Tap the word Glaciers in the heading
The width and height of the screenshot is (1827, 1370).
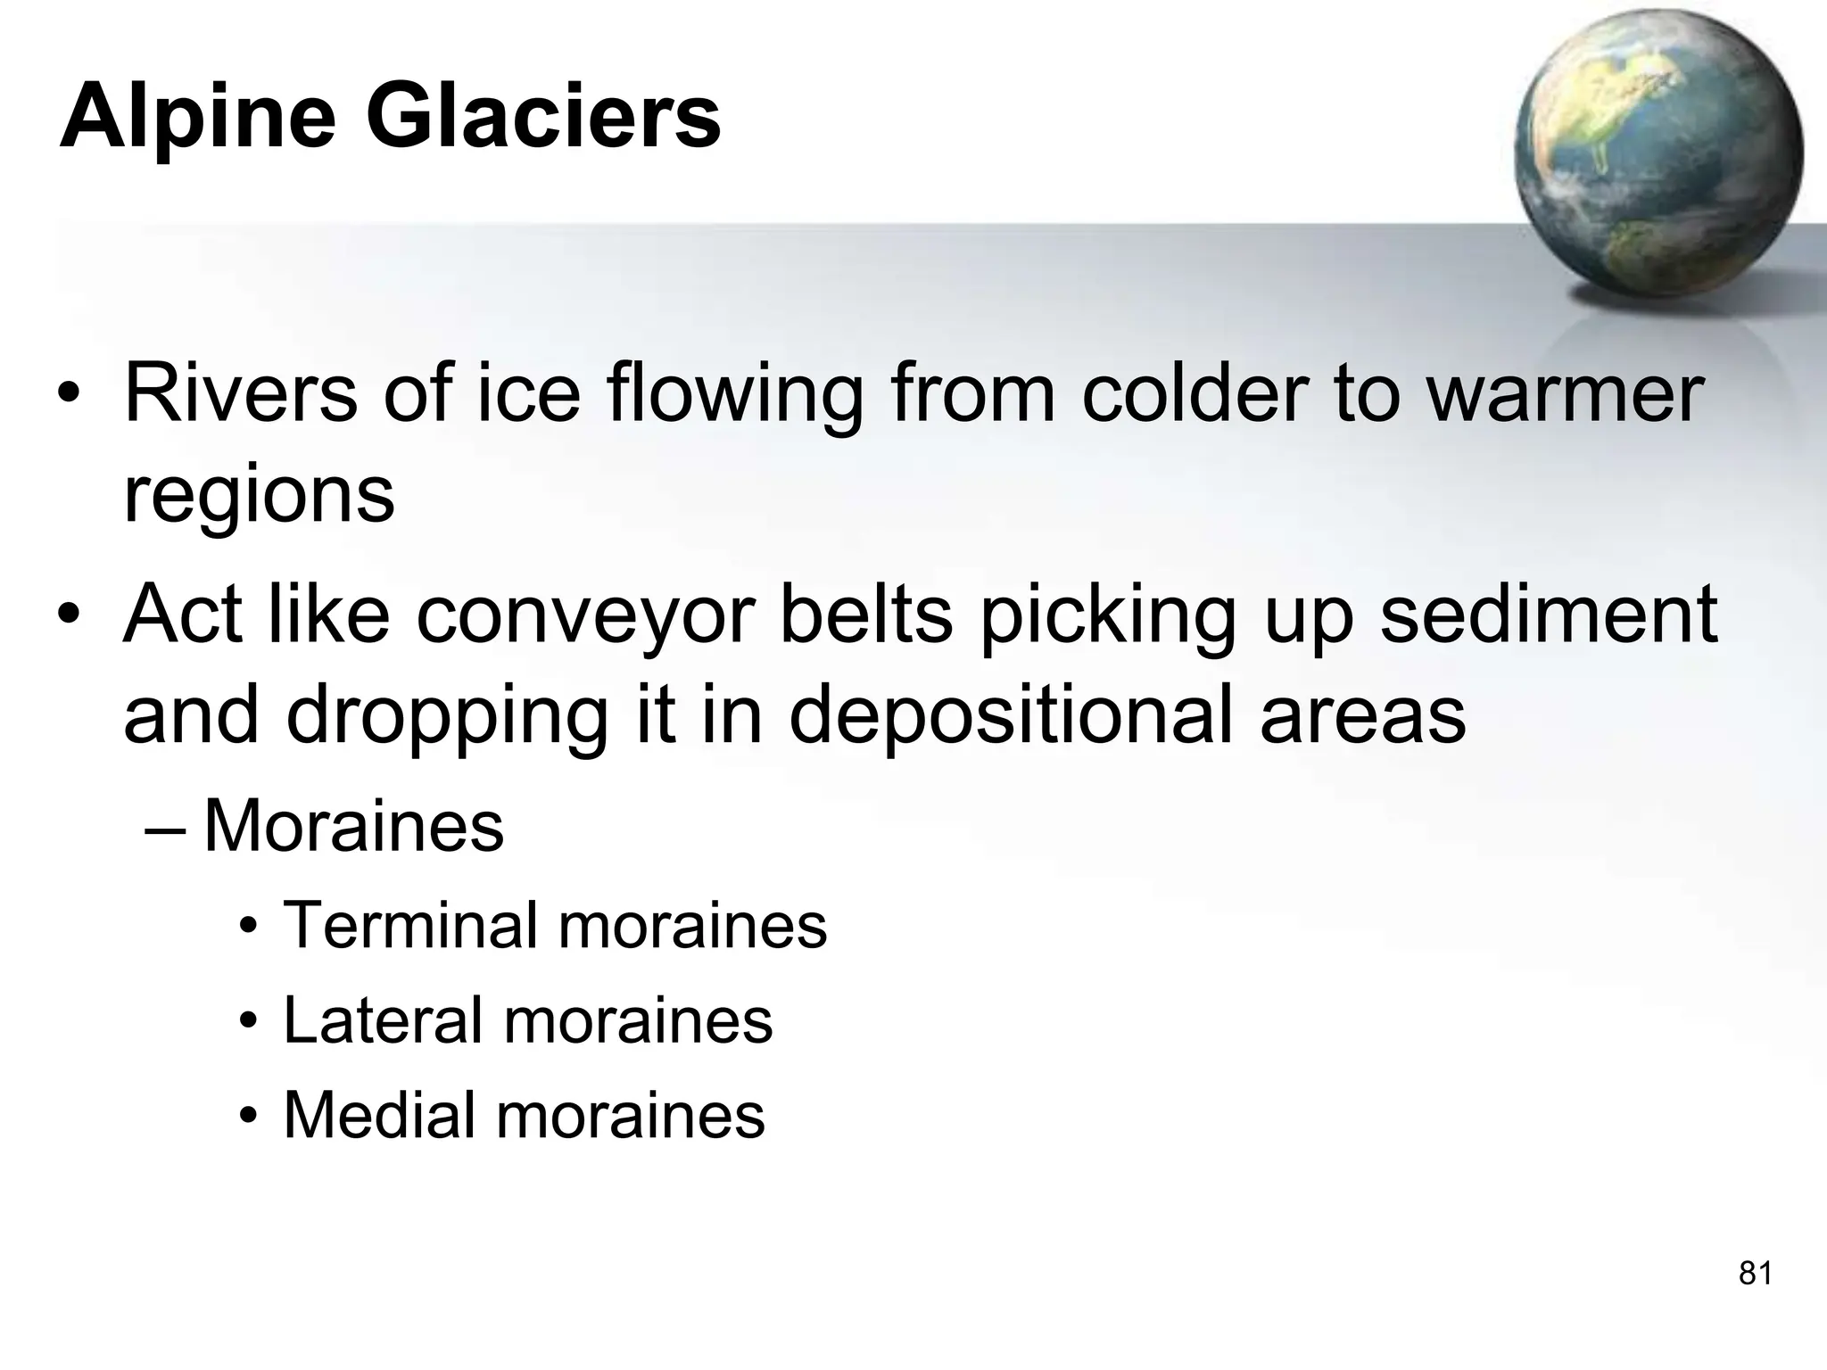coord(543,116)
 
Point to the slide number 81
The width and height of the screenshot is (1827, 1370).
coord(1755,1274)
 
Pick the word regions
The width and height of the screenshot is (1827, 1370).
coord(259,496)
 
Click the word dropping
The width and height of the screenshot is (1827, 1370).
coord(447,717)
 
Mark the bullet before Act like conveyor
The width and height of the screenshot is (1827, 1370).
coord(69,616)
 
